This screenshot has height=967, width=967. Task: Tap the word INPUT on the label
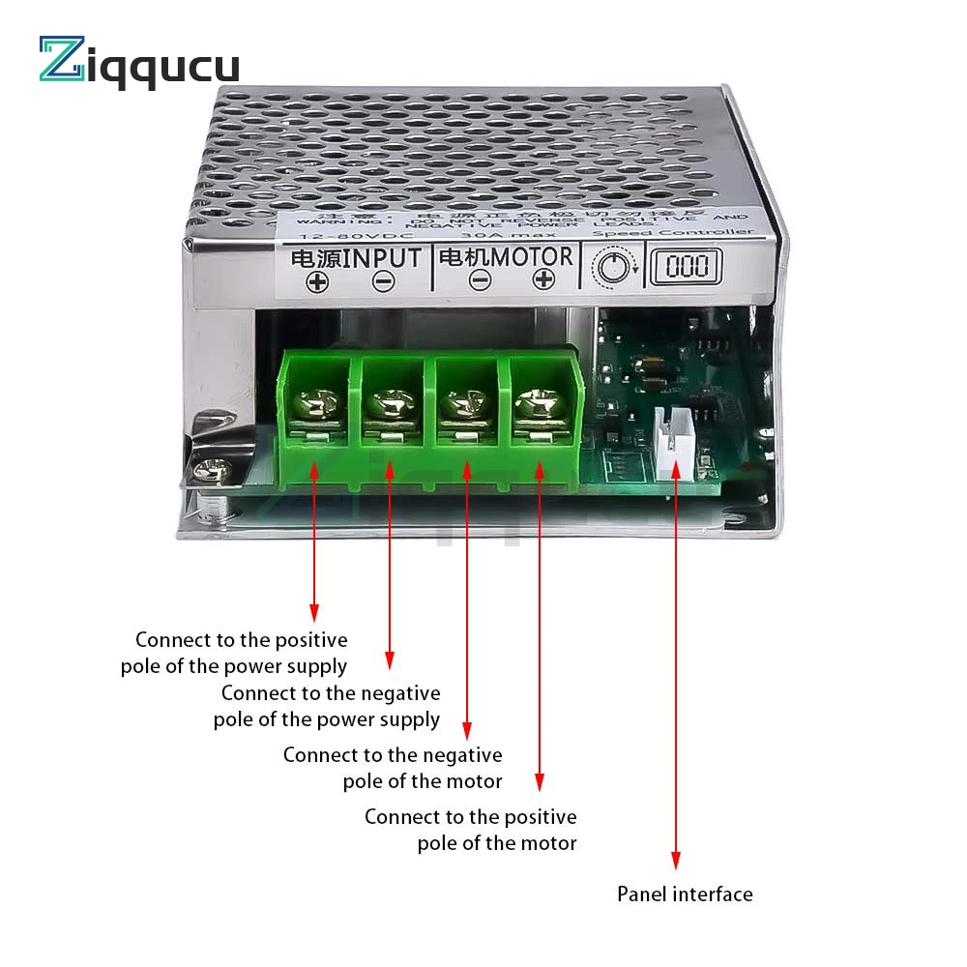tap(384, 258)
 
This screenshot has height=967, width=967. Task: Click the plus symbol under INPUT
tap(317, 282)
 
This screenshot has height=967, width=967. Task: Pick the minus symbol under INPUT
tap(384, 281)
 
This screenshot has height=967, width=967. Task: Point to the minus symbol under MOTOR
tap(480, 280)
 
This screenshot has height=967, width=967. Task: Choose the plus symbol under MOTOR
tap(544, 279)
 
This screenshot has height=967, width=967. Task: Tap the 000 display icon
tap(685, 264)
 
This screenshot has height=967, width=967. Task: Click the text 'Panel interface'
tap(685, 894)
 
